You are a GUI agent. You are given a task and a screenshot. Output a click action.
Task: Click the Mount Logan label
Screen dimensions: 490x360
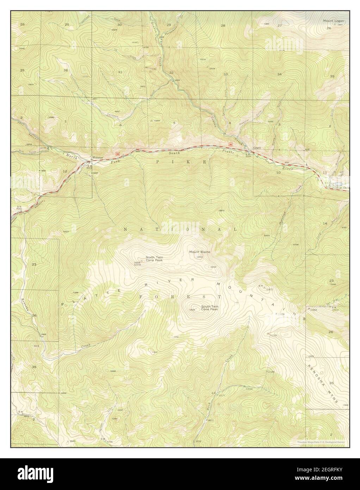[333, 21]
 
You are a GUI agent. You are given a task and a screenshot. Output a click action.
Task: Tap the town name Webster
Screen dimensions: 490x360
[97, 158]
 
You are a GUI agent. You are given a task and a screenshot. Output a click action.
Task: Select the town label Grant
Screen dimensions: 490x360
[256, 148]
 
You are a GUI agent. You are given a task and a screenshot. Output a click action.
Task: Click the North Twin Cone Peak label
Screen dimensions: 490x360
[154, 259]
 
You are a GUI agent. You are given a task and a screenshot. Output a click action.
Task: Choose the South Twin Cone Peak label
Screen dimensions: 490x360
[210, 308]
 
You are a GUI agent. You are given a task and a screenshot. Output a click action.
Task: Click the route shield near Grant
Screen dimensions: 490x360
[230, 144]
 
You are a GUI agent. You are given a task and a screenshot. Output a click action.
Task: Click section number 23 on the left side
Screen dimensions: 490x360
[34, 264]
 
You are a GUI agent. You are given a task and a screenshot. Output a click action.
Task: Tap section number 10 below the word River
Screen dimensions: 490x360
[278, 172]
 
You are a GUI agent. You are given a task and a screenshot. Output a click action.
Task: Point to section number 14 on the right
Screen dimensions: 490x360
[325, 223]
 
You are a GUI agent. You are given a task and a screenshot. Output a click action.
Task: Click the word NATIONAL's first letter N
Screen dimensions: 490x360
[126, 229]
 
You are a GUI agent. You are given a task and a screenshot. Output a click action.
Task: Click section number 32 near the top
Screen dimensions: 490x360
[172, 72]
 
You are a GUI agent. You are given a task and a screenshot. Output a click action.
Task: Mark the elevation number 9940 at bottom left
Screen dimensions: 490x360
[73, 441]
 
